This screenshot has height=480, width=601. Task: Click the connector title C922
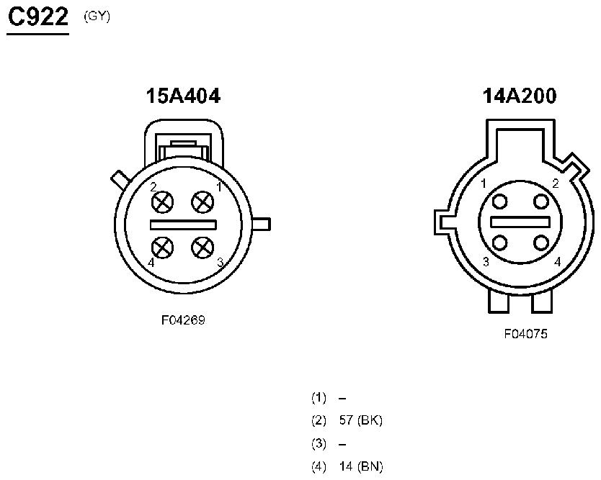pos(38,17)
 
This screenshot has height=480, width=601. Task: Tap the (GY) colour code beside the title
pos(97,17)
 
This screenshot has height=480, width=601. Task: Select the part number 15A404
pos(183,96)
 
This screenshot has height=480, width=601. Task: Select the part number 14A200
pos(520,96)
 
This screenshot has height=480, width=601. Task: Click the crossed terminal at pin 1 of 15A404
pos(202,201)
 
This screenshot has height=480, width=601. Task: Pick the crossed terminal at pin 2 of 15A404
pos(163,201)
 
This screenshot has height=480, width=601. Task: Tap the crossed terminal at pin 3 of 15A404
pos(202,248)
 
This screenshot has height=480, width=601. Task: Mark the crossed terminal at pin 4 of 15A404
pos(163,248)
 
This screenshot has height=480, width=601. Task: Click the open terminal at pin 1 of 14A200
pos(499,201)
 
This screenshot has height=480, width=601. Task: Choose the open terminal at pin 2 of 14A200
pos(540,201)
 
